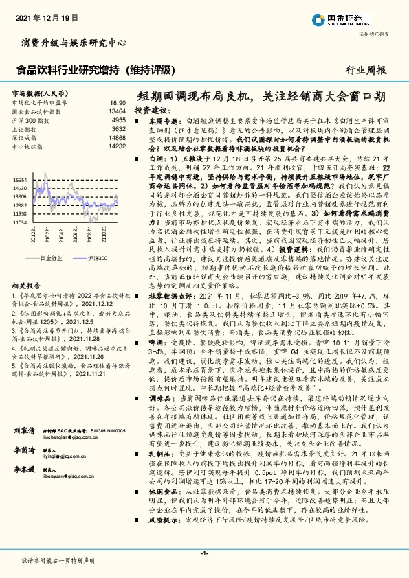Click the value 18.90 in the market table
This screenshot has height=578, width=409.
pyautogui.click(x=118, y=102)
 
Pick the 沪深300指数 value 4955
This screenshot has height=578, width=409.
pyautogui.click(x=118, y=119)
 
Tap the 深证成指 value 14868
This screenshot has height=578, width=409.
pyautogui.click(x=116, y=137)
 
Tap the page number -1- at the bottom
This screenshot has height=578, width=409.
pyautogui.click(x=204, y=553)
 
